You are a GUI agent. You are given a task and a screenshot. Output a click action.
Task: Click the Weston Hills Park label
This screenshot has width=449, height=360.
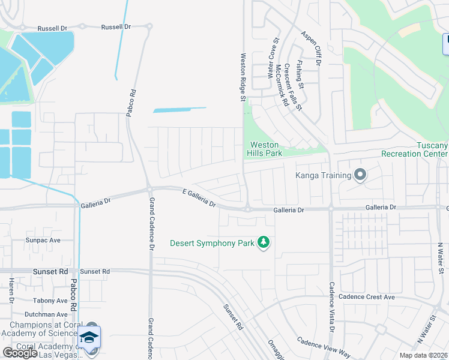[265, 149]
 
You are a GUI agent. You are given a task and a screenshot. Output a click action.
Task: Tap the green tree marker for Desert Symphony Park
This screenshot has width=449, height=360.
[263, 242]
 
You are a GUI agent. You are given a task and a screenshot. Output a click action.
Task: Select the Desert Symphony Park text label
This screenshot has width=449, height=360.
[212, 243]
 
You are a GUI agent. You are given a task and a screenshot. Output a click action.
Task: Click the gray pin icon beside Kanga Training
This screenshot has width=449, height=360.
[360, 175]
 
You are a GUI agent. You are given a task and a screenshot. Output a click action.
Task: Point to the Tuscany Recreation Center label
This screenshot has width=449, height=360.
[414, 149]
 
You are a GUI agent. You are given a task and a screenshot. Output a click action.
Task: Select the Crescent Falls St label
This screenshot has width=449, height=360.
[293, 88]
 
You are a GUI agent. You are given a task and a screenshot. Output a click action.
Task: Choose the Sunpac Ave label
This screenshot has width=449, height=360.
[43, 240]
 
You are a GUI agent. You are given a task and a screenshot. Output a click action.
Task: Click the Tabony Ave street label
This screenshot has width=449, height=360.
[50, 301]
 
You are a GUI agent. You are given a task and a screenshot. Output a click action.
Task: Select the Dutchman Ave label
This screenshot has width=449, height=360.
[46, 314]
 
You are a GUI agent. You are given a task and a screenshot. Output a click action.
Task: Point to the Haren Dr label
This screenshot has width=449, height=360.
[11, 290]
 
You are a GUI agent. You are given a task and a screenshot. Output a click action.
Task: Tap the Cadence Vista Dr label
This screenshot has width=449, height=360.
[331, 307]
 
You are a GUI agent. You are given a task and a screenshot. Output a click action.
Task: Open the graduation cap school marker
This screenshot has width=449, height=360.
[89, 338]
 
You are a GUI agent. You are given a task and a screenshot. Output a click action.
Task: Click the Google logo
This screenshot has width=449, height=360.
[20, 353]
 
